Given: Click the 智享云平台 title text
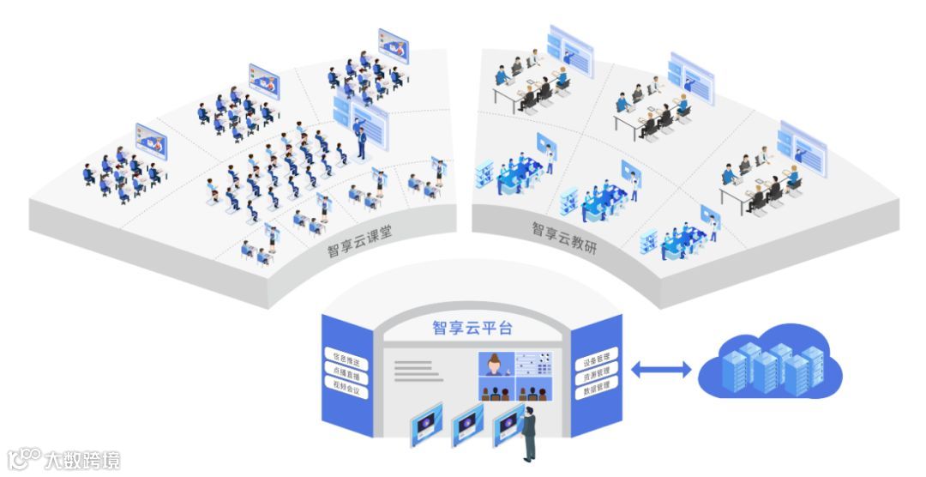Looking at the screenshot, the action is pyautogui.click(x=472, y=328).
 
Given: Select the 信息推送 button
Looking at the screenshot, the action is pyautogui.click(x=346, y=355).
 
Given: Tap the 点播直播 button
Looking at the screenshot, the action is pyautogui.click(x=346, y=374).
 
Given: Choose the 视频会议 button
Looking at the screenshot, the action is pyautogui.click(x=346, y=392).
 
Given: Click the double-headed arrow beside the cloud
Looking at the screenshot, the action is pyautogui.click(x=660, y=370).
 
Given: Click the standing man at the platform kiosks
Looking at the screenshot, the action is pyautogui.click(x=530, y=433).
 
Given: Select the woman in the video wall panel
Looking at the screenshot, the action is pyautogui.click(x=494, y=364).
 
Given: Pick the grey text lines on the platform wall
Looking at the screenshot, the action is pyautogui.click(x=413, y=371).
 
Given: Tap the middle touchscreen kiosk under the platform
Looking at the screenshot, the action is pyautogui.click(x=468, y=425).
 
